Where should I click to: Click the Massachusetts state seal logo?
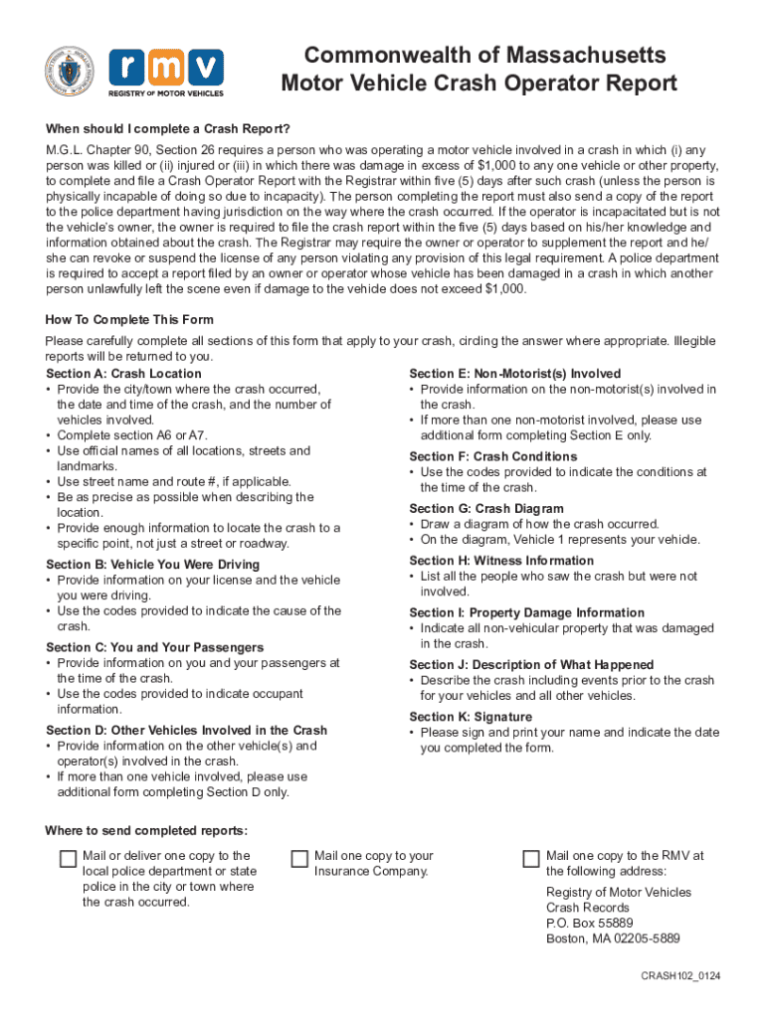coord(70,71)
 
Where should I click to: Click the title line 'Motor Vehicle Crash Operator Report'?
coord(479,84)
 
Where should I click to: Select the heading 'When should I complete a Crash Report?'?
coord(168,129)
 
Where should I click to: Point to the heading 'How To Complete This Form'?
coord(129,320)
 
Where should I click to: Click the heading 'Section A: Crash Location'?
coord(123,374)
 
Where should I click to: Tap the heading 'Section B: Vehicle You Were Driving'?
coord(152,565)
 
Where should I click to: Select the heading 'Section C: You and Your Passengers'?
coord(154,647)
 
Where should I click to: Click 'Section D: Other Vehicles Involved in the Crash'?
coord(187,731)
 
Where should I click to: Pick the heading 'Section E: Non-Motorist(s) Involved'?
coord(514,374)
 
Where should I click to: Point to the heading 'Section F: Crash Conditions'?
coord(492,456)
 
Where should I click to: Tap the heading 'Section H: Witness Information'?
coord(501,561)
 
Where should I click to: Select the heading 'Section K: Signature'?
coord(471,717)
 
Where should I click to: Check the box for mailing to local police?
coord(68,859)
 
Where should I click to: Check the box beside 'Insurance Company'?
coord(299,859)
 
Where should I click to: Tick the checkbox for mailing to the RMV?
coord(531,859)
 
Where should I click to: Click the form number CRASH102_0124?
coord(680,977)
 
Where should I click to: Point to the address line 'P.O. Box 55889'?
coord(589,924)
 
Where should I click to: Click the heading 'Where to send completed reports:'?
coord(146,831)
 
